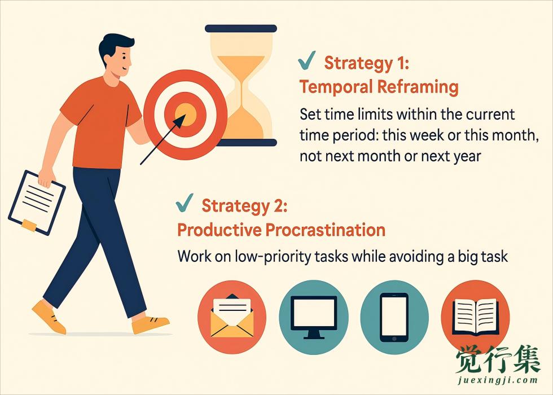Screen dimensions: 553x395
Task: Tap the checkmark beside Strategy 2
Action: [x=184, y=203]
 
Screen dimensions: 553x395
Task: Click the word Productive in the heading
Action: [x=220, y=230]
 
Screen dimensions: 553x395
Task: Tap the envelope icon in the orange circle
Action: [x=232, y=315]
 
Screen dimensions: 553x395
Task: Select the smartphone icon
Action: [x=394, y=317]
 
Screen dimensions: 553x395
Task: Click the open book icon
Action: [x=475, y=317]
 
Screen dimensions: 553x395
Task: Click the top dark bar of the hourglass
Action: [x=241, y=28]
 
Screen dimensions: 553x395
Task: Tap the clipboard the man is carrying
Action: [x=37, y=203]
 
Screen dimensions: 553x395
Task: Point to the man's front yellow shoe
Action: [x=150, y=324]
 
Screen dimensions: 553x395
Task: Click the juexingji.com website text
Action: [x=498, y=380]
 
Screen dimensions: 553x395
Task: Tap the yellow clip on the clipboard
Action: [x=29, y=225]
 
